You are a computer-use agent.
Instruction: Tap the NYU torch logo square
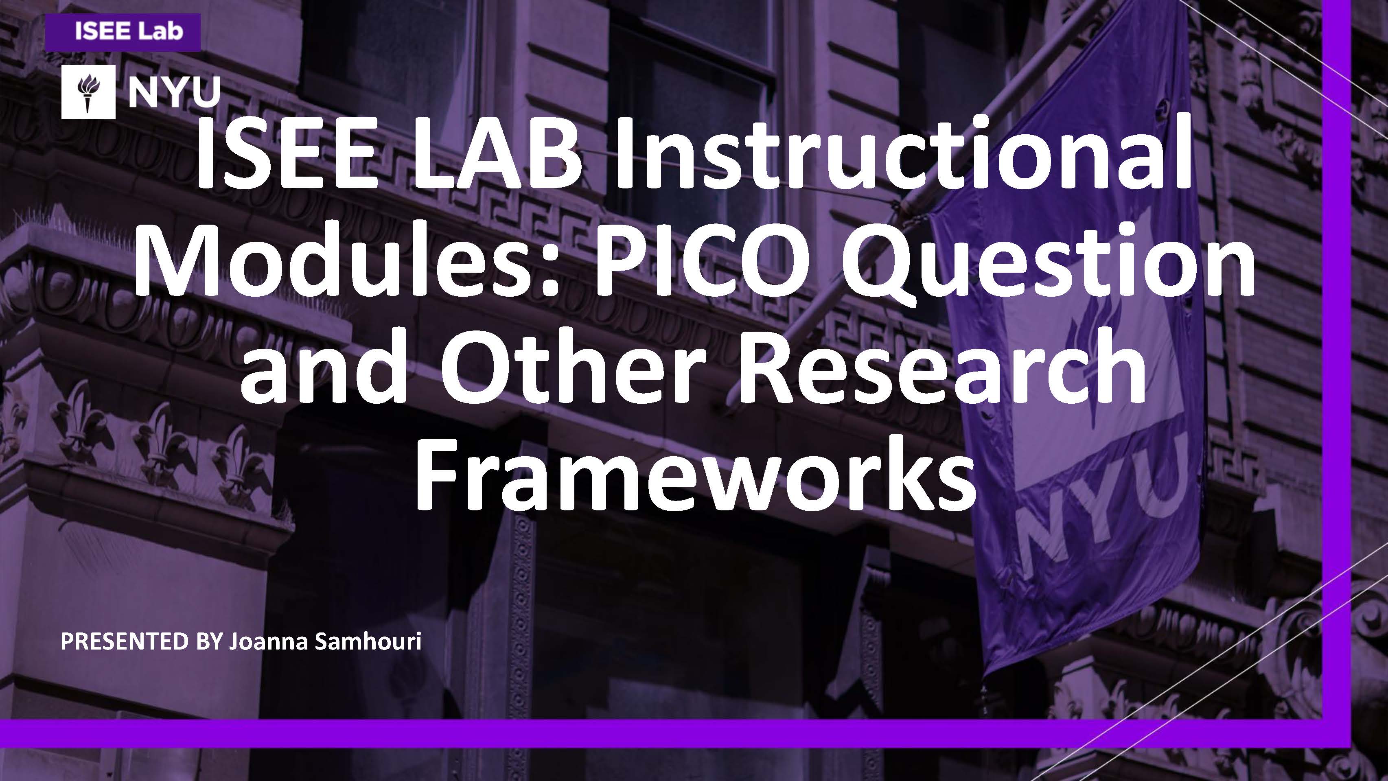[88, 92]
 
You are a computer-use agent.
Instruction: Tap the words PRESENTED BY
[141, 641]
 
